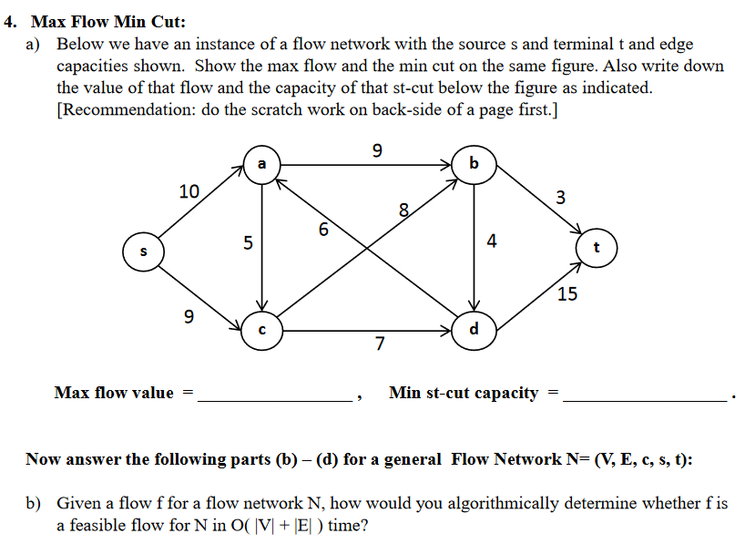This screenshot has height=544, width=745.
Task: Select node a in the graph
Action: (x=262, y=165)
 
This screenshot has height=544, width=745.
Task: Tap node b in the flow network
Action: (x=473, y=165)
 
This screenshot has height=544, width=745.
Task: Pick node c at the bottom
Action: (x=262, y=329)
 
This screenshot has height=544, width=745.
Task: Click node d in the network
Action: (x=473, y=329)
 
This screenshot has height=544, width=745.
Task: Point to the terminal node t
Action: (x=597, y=247)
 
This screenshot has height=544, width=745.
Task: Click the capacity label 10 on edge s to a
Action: (x=189, y=191)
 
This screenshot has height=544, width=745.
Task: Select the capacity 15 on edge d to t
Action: (x=566, y=294)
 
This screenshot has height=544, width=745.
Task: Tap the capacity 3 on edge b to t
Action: (x=560, y=197)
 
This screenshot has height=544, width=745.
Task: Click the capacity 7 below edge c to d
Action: (x=380, y=344)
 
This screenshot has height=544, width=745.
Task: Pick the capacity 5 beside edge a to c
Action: (x=247, y=244)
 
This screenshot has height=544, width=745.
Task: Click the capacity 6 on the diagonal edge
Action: (x=323, y=230)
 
